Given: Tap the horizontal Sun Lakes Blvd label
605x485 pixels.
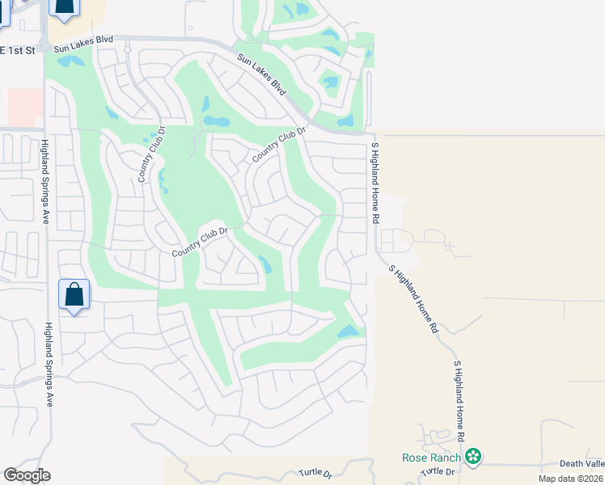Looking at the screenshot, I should tap(84, 43).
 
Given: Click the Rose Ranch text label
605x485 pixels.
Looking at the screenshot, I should tap(431, 458).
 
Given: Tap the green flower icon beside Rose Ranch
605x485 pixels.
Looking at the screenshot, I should tap(474, 458).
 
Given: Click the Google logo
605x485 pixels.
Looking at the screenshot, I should tap(27, 475).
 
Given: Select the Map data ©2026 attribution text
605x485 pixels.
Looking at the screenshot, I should tap(570, 479).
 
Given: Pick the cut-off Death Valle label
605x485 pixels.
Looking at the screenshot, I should tap(582, 464).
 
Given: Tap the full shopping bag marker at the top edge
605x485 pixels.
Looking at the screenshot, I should tap(65, 6).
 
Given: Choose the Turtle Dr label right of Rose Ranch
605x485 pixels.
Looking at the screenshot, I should tap(439, 471).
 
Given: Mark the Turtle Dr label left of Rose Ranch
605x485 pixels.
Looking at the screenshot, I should tap(315, 472).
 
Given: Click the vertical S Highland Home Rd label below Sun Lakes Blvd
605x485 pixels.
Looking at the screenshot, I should tap(374, 183).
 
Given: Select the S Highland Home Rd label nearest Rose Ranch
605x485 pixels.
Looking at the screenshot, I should tap(459, 400).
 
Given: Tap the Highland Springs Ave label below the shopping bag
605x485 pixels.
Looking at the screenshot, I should tap(49, 364).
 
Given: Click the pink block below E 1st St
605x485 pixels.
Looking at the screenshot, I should tap(24, 108).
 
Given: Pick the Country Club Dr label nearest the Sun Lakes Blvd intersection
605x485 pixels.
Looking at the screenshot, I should tap(280, 144).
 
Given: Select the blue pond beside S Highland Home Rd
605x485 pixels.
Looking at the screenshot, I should tap(348, 331).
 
